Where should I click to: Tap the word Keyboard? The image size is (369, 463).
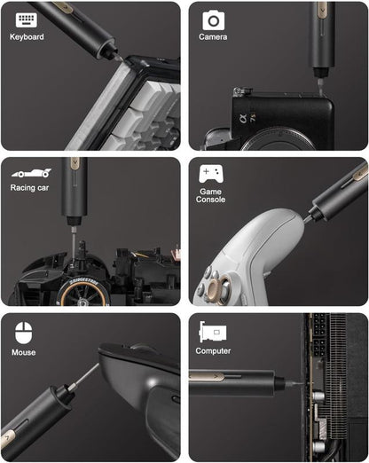tap(27, 37)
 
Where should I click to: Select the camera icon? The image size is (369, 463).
tap(213, 20)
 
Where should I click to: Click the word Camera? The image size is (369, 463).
tap(213, 37)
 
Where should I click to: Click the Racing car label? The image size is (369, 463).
tap(31, 188)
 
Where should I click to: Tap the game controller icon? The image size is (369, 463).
tap(211, 173)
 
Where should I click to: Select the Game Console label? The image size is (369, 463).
tap(211, 194)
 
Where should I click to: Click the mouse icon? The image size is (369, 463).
tap(24, 333)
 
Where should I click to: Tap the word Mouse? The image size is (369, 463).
tap(24, 353)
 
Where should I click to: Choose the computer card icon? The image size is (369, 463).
tap(213, 332)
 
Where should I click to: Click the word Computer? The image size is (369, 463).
tap(213, 351)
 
